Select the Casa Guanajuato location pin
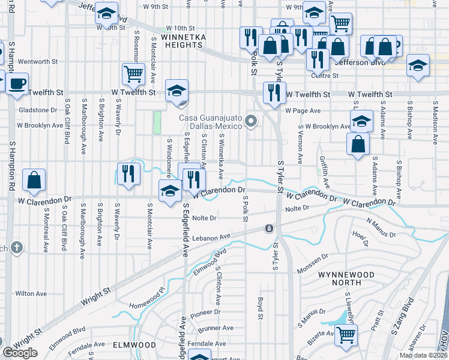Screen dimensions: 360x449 pos(252,122)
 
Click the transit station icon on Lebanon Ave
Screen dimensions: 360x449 pos(270,229)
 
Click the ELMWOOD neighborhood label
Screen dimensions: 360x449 pos(135,346)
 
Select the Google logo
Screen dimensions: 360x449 pos(20,353)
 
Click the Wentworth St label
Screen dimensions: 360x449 pos(38,61)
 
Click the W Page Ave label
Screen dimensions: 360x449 pos(304,111)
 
